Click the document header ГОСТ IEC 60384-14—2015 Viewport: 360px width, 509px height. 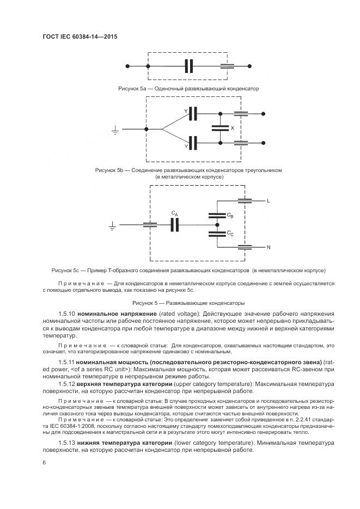(80, 37)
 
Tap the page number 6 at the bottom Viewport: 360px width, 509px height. (44, 462)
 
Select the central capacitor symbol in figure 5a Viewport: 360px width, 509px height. (189, 66)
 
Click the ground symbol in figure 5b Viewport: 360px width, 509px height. (115, 130)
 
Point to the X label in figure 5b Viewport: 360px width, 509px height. (233, 128)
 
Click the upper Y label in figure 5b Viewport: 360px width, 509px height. (185, 112)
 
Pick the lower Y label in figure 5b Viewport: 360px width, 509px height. (185, 146)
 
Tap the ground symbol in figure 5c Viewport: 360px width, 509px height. (113, 224)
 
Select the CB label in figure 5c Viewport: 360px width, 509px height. (230, 216)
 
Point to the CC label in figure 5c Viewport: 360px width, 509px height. (230, 234)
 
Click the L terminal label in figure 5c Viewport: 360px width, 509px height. (269, 201)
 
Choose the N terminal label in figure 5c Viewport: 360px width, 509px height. (269, 247)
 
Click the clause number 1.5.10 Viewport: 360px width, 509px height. (66, 315)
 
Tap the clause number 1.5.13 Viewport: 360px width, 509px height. (66, 443)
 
